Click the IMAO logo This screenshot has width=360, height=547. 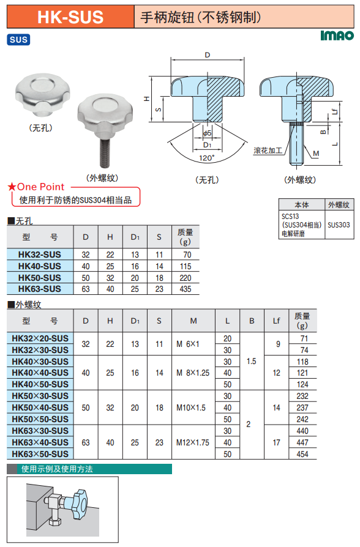[337, 35]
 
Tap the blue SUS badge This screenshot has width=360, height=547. [18, 39]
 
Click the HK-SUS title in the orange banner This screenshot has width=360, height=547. [70, 17]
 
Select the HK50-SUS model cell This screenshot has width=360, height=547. [40, 278]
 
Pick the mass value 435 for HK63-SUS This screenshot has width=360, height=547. [186, 289]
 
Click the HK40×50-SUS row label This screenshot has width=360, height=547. [40, 384]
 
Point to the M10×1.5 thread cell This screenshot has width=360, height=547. [190, 407]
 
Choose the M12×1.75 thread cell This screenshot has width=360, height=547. [193, 442]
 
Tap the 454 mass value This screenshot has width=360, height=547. [302, 454]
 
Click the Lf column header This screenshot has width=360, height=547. [276, 321]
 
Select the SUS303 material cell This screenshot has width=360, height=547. [339, 225]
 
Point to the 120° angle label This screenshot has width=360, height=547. [207, 158]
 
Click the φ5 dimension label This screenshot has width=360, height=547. [207, 133]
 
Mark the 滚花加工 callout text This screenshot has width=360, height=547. [268, 151]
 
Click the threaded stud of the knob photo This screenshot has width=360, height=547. [105, 152]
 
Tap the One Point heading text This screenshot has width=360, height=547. [41, 187]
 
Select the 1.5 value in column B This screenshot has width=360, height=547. [252, 361]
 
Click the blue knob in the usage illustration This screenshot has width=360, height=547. [79, 504]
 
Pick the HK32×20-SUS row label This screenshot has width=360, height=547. [40, 338]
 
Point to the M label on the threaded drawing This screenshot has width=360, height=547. [316, 153]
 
